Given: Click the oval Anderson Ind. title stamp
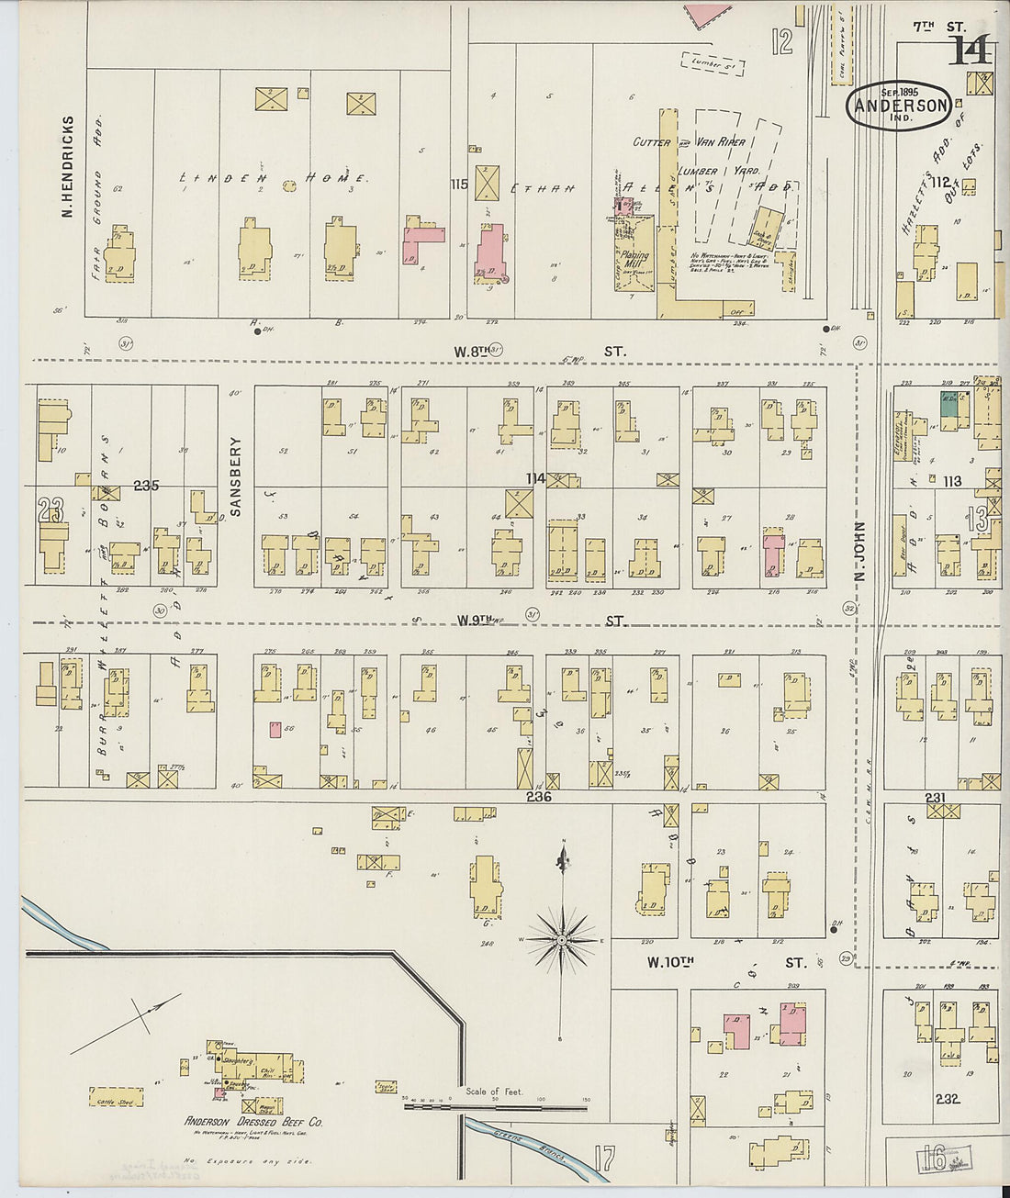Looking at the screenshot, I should tap(897, 106).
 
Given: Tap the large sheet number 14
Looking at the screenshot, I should tap(971, 50).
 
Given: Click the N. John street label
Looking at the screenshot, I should tap(860, 552).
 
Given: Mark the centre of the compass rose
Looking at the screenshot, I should tap(560, 940).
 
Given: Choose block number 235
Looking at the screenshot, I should tap(146, 485).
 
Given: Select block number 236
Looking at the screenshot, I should tap(538, 797).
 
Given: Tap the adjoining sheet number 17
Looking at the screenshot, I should tap(603, 1159).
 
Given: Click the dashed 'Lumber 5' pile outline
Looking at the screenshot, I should tap(713, 62).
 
